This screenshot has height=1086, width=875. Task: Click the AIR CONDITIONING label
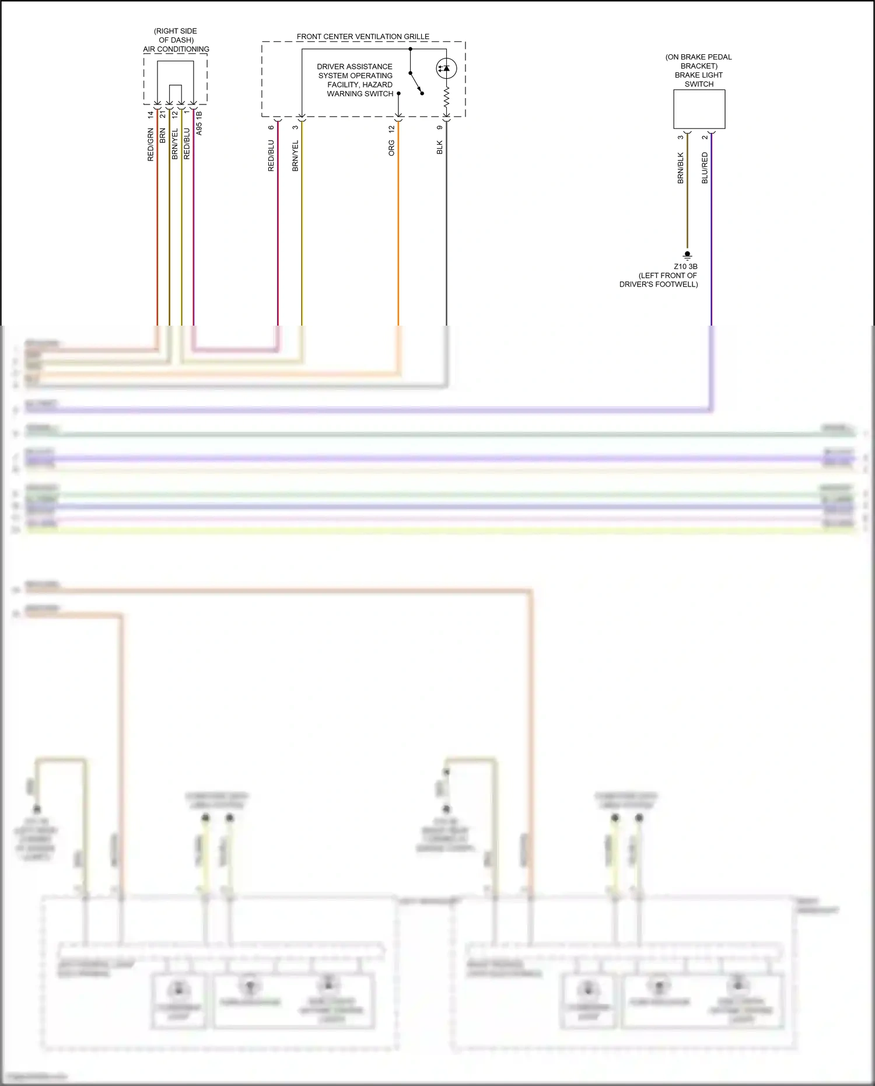(x=176, y=49)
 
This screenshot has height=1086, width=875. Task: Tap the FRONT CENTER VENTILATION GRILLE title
(x=363, y=36)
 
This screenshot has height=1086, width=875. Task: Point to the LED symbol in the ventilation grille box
(x=446, y=68)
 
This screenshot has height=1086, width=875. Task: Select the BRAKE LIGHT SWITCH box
(x=699, y=109)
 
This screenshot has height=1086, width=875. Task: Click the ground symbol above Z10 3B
(x=687, y=255)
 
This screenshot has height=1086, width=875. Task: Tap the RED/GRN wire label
(x=150, y=145)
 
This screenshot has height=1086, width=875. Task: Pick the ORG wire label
(x=391, y=148)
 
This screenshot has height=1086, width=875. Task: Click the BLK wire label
(x=440, y=147)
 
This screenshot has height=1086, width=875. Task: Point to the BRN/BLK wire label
(x=680, y=168)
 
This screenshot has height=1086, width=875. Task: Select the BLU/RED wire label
(x=705, y=168)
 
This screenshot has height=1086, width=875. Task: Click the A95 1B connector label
(x=199, y=123)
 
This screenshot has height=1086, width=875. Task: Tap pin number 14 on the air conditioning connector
(x=150, y=114)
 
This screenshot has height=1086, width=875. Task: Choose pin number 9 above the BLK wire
(x=440, y=128)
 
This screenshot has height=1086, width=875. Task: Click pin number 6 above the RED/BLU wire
(x=271, y=127)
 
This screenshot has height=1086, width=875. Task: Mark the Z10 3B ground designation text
(x=685, y=267)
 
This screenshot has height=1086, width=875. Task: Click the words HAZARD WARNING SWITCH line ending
(x=360, y=93)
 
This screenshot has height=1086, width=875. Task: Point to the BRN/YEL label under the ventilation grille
(x=295, y=156)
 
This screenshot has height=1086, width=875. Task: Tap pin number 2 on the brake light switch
(x=705, y=137)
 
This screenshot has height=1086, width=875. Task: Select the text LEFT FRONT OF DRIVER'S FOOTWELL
(x=659, y=280)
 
